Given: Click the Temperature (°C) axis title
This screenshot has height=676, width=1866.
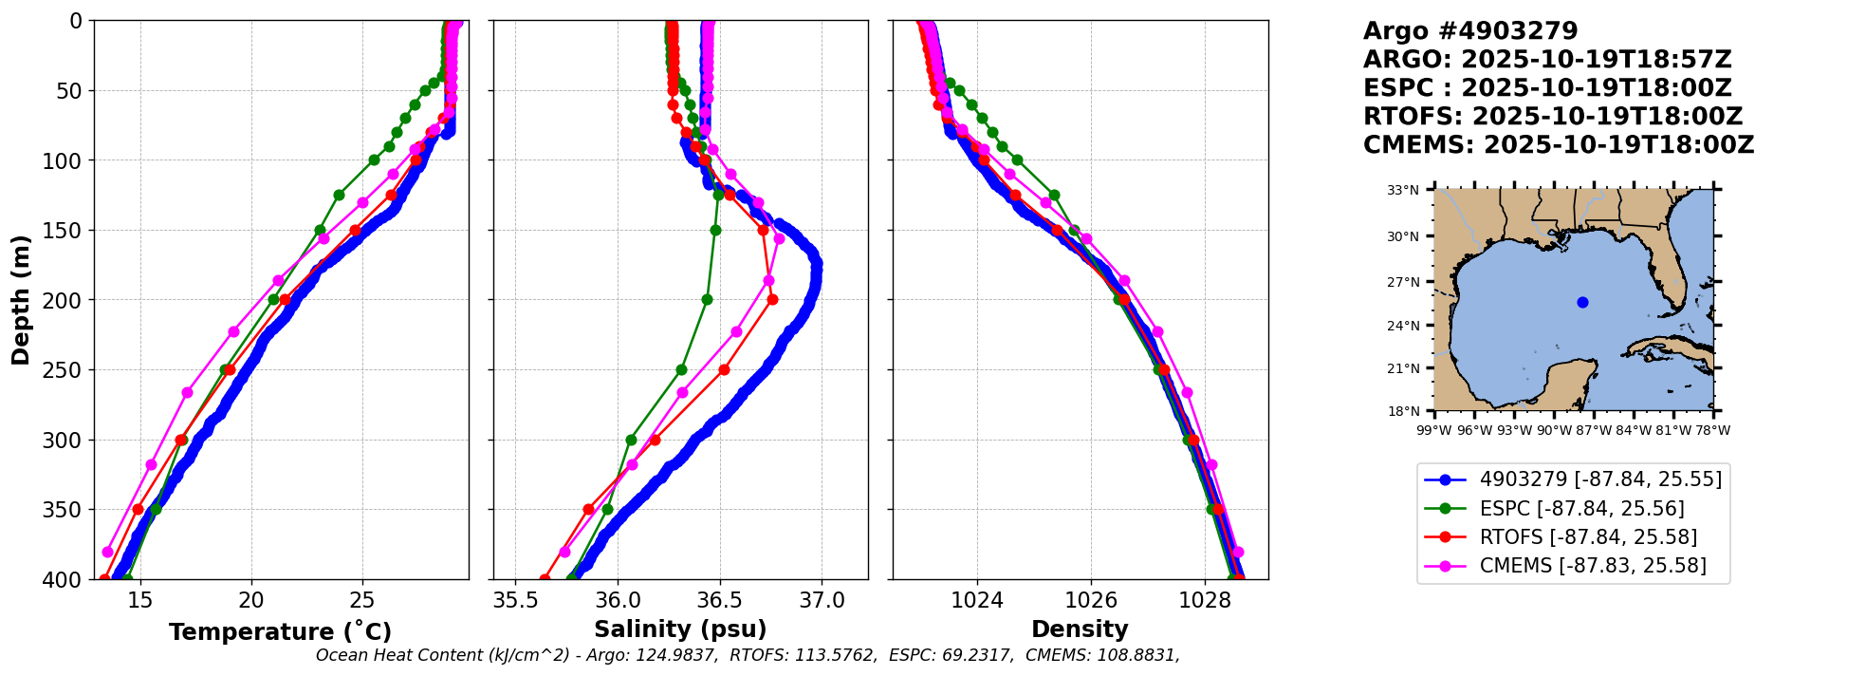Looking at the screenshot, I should coord(280,632).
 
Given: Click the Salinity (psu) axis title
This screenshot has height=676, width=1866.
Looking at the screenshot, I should coord(680,629).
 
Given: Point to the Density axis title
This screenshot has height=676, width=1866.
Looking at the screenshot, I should coord(1080,629).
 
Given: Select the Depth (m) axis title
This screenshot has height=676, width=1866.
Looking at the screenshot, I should coord(21,300).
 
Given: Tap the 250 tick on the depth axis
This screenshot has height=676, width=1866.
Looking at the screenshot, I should coord(69,370).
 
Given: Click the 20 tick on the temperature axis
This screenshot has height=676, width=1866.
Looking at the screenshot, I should coord(251,600).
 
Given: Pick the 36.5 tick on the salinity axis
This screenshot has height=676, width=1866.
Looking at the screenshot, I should coord(719,600).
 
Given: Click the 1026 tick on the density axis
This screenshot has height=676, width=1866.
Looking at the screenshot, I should coord(1091,600).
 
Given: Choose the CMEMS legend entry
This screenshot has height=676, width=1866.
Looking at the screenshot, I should coord(1593,566).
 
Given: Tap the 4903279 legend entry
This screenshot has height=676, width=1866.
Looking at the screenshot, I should coord(1600,479).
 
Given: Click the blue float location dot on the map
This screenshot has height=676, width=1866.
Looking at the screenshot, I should coord(1582,303).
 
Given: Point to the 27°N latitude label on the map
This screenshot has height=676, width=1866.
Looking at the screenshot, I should coord(1403,282).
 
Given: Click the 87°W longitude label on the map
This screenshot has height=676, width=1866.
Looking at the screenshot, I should coord(1594,430).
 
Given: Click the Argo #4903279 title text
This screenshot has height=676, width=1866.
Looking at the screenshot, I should coord(1470,31).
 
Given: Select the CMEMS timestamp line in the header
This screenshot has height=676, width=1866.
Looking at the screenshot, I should coord(1558,145).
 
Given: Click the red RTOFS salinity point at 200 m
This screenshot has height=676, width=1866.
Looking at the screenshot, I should coord(772,300).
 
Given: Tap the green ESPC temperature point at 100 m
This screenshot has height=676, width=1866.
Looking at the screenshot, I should coord(374,160).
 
